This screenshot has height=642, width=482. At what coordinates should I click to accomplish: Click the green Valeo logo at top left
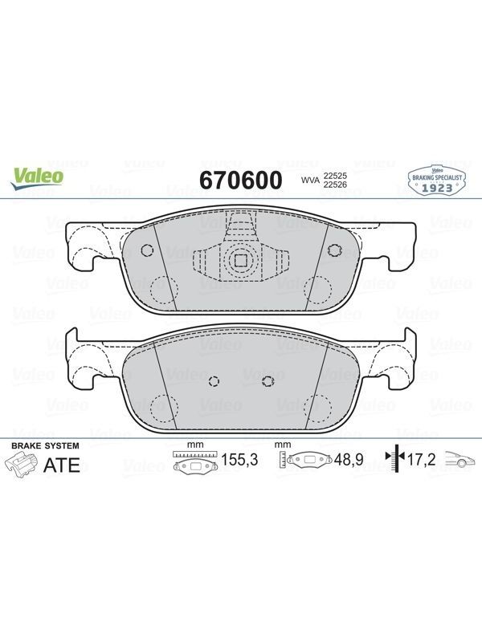pyautogui.click(x=37, y=179)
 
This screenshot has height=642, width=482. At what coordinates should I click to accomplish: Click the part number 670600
pyautogui.click(x=241, y=180)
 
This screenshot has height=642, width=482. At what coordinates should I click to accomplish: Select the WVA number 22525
pyautogui.click(x=335, y=176)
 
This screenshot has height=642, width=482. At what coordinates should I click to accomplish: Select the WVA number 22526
pyautogui.click(x=335, y=185)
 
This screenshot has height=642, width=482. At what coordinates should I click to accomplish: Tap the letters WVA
pyautogui.click(x=310, y=180)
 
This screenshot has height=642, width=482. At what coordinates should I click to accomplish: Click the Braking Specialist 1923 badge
pyautogui.click(x=437, y=180)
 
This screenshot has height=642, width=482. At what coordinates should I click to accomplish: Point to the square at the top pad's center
pyautogui.click(x=239, y=260)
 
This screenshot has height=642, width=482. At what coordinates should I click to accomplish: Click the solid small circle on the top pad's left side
pyautogui.click(x=147, y=250)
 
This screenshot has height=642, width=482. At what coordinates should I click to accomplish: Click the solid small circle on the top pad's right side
pyautogui.click(x=334, y=250)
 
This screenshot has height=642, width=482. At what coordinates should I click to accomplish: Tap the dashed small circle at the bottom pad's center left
pyautogui.click(x=214, y=381)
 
